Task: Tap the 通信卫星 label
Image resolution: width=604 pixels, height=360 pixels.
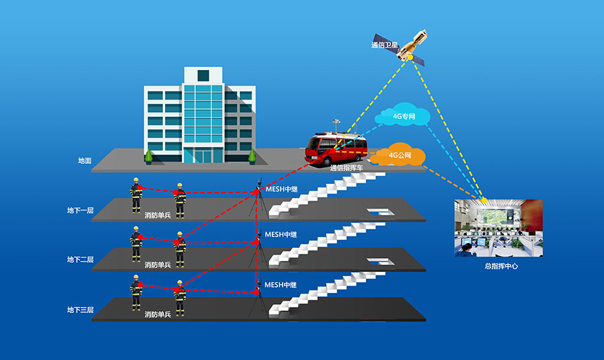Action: click(x=385, y=46)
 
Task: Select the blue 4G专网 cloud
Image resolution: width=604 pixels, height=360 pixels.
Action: click(x=404, y=117)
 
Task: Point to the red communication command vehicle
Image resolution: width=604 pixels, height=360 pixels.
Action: click(x=338, y=148)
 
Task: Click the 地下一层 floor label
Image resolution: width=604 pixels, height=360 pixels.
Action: click(x=80, y=210)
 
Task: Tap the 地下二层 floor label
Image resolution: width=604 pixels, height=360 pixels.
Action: click(x=80, y=259)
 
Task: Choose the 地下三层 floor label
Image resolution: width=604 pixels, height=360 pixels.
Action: click(x=80, y=310)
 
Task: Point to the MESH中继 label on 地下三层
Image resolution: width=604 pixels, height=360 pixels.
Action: click(x=281, y=285)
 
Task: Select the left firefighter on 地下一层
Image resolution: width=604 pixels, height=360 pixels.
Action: click(x=136, y=195)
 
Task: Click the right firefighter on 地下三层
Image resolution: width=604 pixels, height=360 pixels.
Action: click(x=179, y=298)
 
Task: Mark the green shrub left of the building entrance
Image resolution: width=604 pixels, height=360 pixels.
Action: click(x=148, y=156)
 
